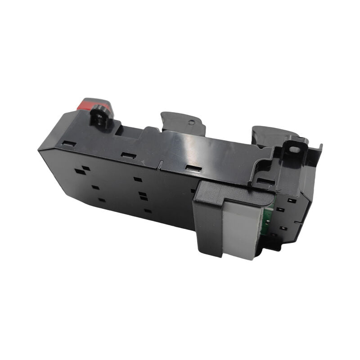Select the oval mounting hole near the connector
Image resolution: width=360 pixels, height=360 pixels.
coord(293,149)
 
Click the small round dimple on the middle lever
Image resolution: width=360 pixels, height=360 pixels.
coord(191,122)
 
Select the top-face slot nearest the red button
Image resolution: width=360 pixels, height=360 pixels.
coord(69,144)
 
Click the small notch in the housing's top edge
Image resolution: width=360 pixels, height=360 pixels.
coord(160,164)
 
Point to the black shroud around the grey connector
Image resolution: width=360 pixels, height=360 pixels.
coord(209,220)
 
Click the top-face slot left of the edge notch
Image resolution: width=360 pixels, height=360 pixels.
coord(129,156)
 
